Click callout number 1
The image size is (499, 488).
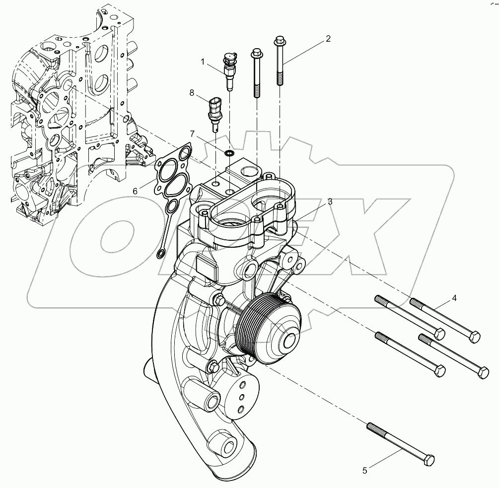click(x=203, y=62)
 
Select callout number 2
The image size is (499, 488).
click(x=328, y=39)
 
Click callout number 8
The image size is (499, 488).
click(x=192, y=92)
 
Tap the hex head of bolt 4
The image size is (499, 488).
click(x=474, y=338)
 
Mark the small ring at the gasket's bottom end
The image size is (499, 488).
click(x=160, y=255)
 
